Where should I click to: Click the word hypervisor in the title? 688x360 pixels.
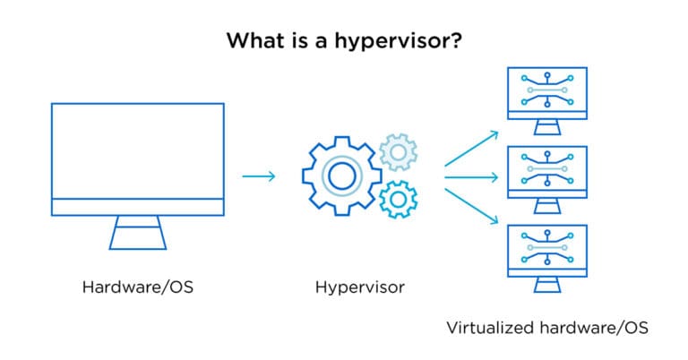point(401,41)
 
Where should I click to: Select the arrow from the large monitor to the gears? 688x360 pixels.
point(259,176)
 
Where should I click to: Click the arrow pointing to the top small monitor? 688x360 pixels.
point(471,149)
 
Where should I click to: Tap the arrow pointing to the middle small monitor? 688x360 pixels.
point(471,176)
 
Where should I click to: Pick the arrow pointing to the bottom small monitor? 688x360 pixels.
point(471,203)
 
